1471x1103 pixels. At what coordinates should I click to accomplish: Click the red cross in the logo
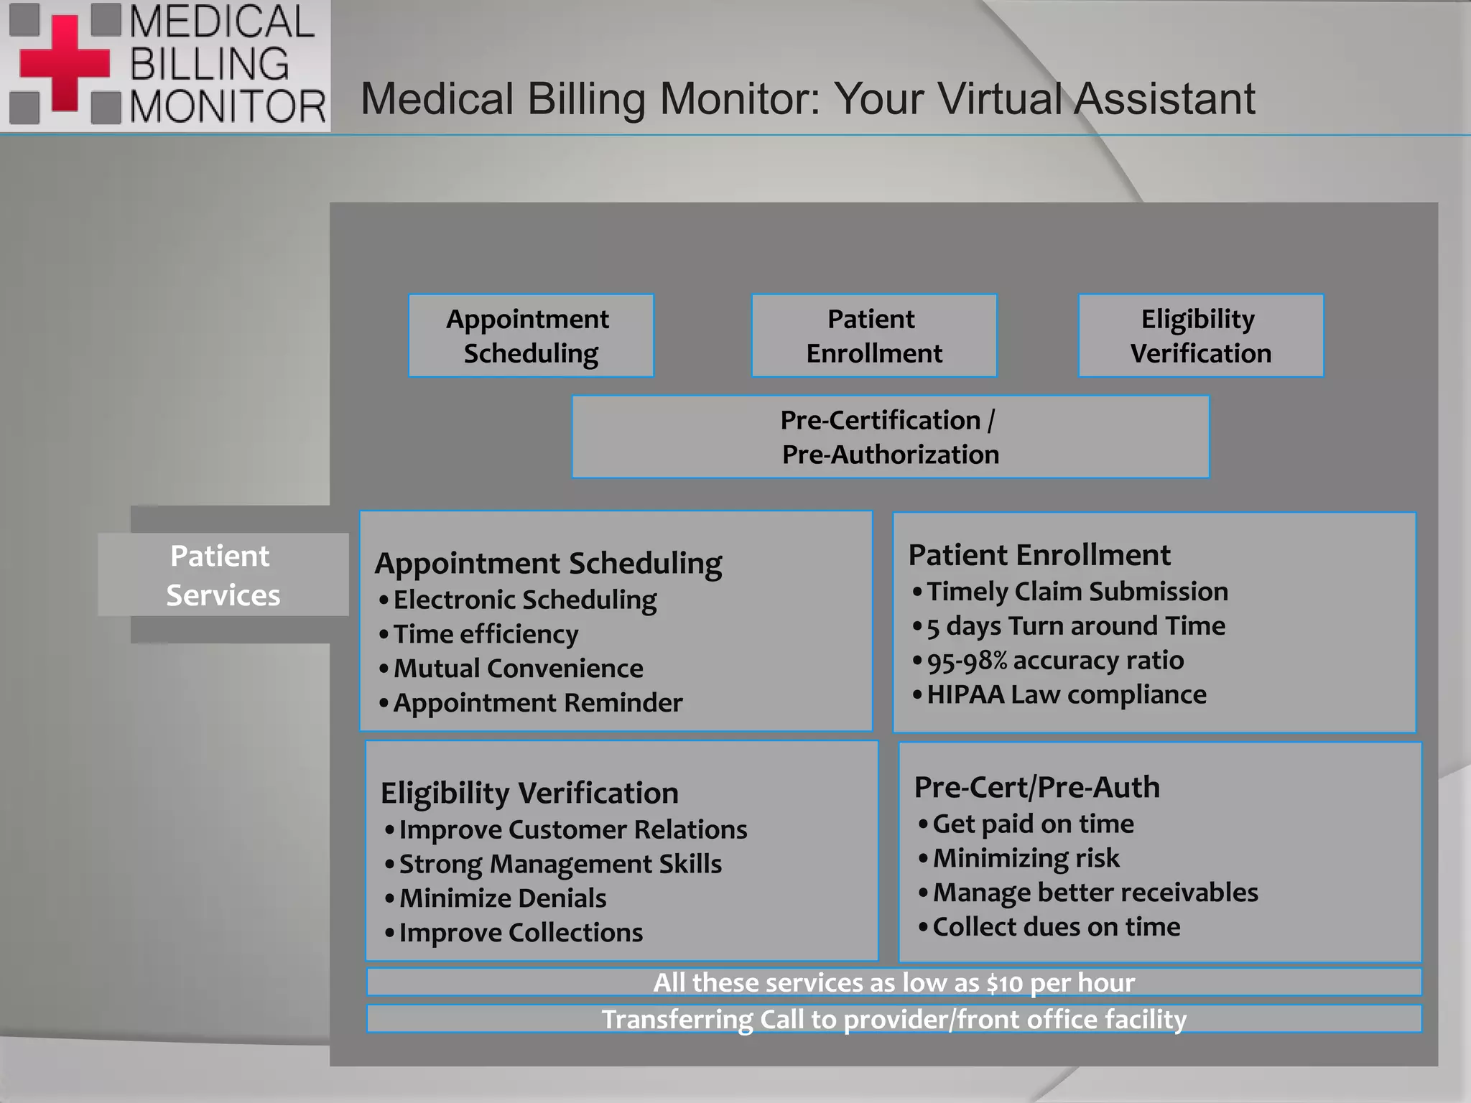65,63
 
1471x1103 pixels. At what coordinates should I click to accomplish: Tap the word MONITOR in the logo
227,108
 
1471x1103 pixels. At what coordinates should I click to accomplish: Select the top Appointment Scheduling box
531,335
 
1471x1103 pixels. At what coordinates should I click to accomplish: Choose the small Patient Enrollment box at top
873,335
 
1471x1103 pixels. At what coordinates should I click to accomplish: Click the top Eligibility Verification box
1200,335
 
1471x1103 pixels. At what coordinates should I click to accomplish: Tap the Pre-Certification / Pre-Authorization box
890,437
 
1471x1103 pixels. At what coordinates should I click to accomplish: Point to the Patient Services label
223,574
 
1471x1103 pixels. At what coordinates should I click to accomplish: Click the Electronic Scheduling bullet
524,600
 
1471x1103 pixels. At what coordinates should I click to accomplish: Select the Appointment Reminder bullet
537,702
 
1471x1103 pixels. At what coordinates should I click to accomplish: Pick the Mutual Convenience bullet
518,669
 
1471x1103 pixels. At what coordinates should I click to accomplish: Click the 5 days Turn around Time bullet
1075,626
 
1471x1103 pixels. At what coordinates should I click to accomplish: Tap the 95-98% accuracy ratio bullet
1054,661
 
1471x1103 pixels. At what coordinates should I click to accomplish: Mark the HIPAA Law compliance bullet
1066,694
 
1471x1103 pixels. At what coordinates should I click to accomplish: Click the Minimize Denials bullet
502,898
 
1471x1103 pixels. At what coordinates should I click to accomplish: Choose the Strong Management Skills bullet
560,864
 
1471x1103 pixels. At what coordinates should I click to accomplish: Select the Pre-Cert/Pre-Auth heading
1036,787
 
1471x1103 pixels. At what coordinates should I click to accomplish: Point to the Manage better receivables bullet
1095,893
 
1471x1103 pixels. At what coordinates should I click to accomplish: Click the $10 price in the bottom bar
1004,982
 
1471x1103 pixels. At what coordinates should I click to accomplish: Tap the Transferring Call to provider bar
894,1019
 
